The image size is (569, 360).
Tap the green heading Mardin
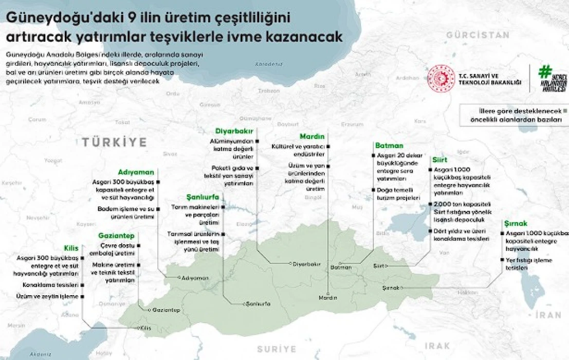click(x=313, y=136)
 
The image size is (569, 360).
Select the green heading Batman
click(x=389, y=146)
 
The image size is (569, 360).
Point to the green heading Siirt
click(x=439, y=160)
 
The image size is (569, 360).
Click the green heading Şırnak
click(x=516, y=224)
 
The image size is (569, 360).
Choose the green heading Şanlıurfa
click(x=203, y=197)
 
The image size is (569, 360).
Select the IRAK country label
click(x=437, y=345)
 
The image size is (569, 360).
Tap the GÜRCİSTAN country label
click(x=478, y=35)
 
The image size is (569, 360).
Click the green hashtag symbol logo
click(x=544, y=71)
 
